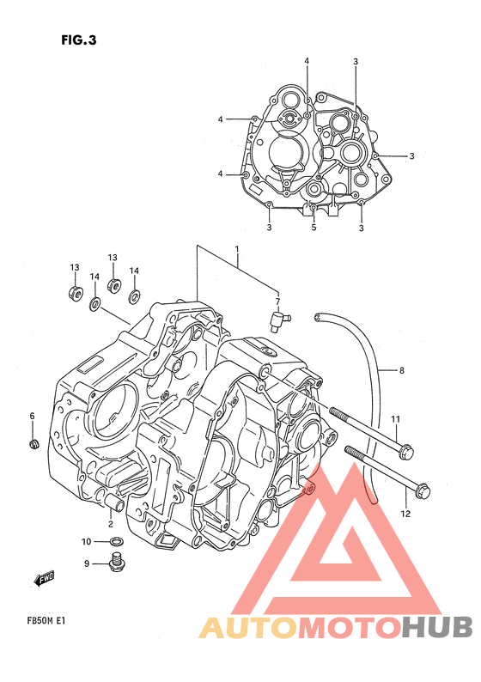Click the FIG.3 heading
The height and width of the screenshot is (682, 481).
pyautogui.click(x=79, y=40)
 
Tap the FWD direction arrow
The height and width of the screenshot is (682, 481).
pyautogui.click(x=44, y=578)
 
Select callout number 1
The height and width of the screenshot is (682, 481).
pyautogui.click(x=237, y=249)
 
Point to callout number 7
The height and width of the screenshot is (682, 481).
pyautogui.click(x=277, y=301)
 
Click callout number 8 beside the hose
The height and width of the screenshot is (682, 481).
pyautogui.click(x=401, y=370)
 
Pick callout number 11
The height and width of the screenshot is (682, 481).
pyautogui.click(x=395, y=419)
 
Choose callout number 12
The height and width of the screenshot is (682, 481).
pyautogui.click(x=405, y=514)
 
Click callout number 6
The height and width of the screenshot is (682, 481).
pyautogui.click(x=32, y=417)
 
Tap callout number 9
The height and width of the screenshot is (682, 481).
pyautogui.click(x=87, y=563)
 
